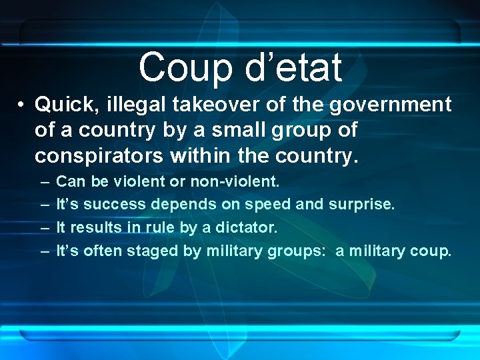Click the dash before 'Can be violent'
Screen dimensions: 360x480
coord(44,181)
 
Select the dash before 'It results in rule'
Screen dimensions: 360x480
coord(44,227)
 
